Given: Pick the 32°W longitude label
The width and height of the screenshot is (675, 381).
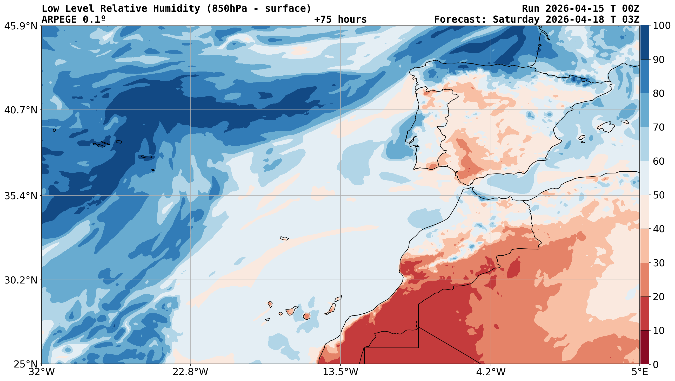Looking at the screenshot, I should coord(42,372).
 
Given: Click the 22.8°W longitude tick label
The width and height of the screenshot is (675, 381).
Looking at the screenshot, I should coord(190,372).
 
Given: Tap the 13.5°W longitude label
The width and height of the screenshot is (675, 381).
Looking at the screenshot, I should coord(340,372).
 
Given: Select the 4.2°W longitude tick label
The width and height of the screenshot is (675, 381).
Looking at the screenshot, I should coord(491,372).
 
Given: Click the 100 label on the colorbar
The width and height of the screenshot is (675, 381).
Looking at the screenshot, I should coord(662,26).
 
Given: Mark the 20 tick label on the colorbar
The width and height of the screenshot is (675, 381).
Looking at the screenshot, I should coord(658,297).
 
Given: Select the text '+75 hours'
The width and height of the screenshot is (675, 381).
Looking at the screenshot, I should coord(340,20).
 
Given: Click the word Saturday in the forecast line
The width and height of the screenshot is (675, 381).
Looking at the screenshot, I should coord(516,20).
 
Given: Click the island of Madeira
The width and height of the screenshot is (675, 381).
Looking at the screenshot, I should coord(284,238).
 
